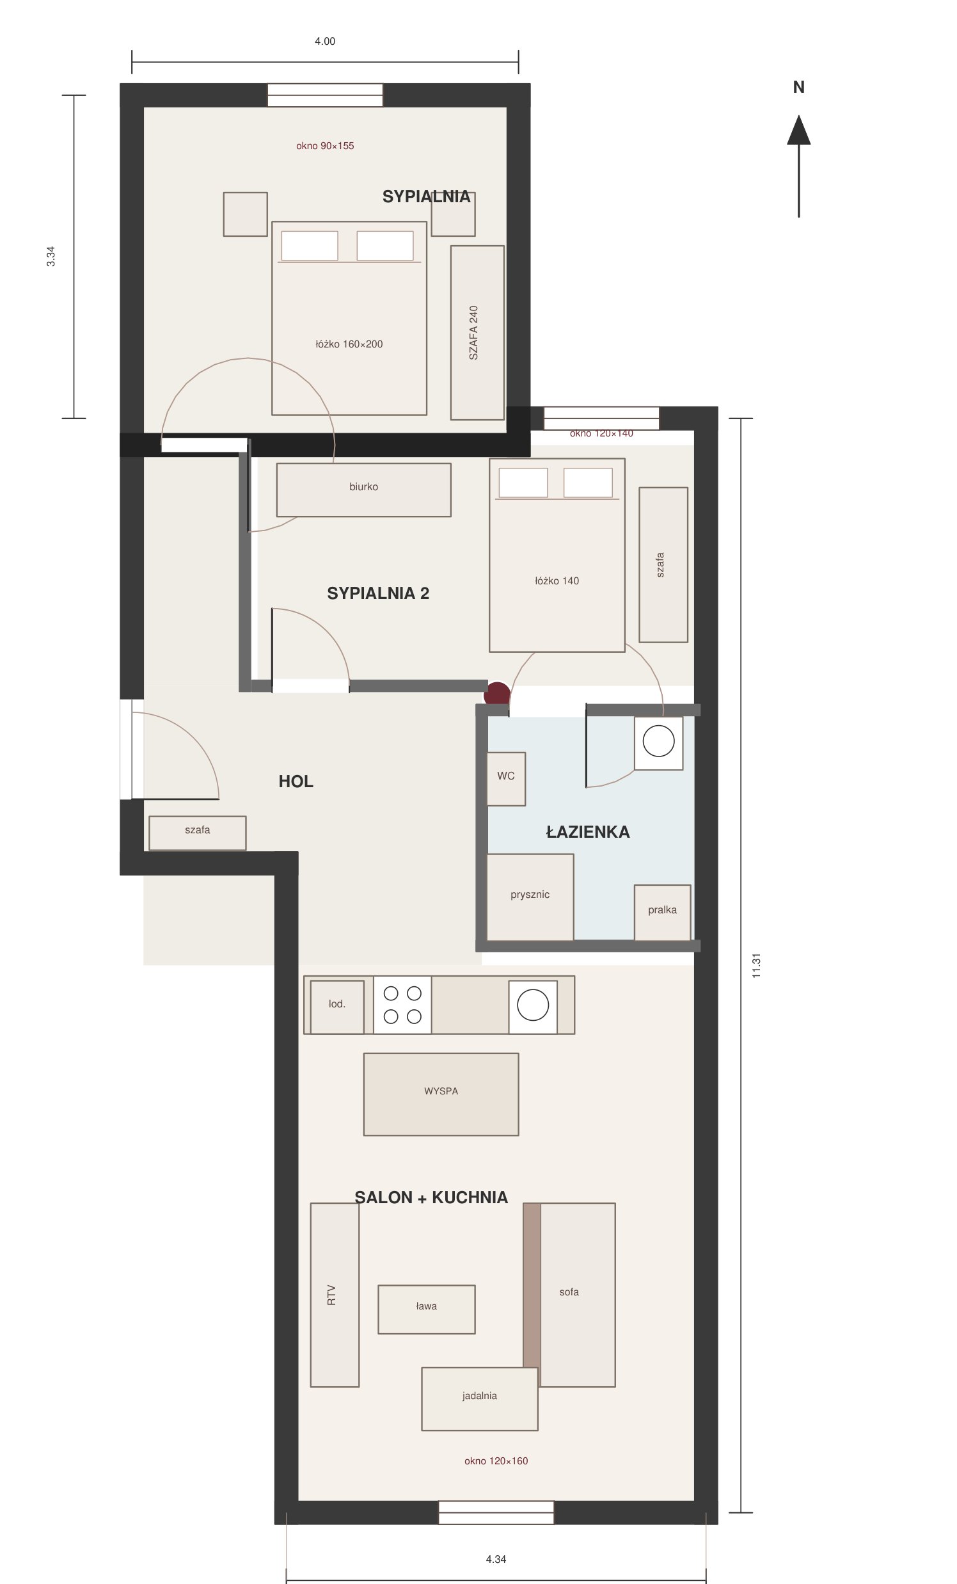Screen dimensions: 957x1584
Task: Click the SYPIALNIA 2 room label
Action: [x=378, y=593]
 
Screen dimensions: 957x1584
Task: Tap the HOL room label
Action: [x=296, y=781]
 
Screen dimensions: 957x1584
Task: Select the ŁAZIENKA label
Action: [x=587, y=831]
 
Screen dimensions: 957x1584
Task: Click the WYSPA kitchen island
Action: [x=441, y=1094]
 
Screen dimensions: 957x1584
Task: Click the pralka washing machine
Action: [x=662, y=912]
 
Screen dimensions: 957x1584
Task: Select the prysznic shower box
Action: [x=530, y=897]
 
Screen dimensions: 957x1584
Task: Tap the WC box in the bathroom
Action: [x=506, y=778]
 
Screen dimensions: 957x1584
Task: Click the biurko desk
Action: [x=364, y=490]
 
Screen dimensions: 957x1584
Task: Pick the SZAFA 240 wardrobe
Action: [x=477, y=332]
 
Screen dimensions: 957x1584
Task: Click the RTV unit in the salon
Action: [x=334, y=1295]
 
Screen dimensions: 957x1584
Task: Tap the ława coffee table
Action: [x=426, y=1309]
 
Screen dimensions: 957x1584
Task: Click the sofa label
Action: [x=569, y=1292]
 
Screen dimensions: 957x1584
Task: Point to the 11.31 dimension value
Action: [x=757, y=966]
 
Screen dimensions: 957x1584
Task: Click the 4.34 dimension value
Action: [x=496, y=1559]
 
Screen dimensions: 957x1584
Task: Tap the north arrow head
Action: [x=799, y=130]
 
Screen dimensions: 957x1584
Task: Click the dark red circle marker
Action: [x=497, y=694]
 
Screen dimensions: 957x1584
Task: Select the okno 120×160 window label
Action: [x=496, y=1460]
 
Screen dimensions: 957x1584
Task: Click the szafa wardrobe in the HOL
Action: [x=197, y=833]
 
